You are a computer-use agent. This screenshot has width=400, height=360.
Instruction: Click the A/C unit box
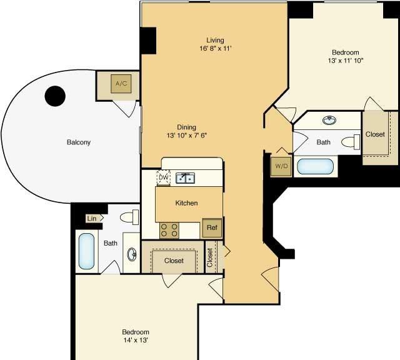point(121,84)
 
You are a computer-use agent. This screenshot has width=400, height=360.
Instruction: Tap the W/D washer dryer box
point(281,166)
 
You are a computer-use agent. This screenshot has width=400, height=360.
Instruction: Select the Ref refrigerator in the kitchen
point(212,227)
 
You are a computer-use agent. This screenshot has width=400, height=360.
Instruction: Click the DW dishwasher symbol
point(164,177)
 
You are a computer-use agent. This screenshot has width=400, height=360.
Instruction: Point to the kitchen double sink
point(185,178)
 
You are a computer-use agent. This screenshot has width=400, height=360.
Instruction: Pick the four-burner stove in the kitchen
point(169,231)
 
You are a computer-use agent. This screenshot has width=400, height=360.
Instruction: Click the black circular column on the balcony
point(55,96)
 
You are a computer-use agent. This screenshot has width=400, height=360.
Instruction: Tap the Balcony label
point(79,142)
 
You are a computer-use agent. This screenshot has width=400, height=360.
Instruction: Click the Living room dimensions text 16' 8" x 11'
point(216,49)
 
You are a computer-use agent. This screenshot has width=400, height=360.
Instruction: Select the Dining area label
point(186,127)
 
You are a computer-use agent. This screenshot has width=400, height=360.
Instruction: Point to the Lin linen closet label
point(92,218)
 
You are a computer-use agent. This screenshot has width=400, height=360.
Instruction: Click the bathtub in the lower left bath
point(86,251)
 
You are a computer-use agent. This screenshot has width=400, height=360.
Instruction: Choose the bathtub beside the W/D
point(315,167)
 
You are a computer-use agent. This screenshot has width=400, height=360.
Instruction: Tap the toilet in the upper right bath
point(351,142)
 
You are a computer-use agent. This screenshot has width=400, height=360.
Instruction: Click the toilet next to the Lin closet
point(129,217)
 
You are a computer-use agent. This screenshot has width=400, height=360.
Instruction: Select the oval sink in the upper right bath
point(329,120)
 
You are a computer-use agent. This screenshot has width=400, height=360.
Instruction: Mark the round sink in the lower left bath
point(132,254)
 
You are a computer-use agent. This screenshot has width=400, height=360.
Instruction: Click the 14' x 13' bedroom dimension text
point(136,340)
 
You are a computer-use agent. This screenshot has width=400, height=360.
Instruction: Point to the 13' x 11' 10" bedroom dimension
point(346,61)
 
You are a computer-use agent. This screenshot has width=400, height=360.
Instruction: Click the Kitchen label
point(186,203)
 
